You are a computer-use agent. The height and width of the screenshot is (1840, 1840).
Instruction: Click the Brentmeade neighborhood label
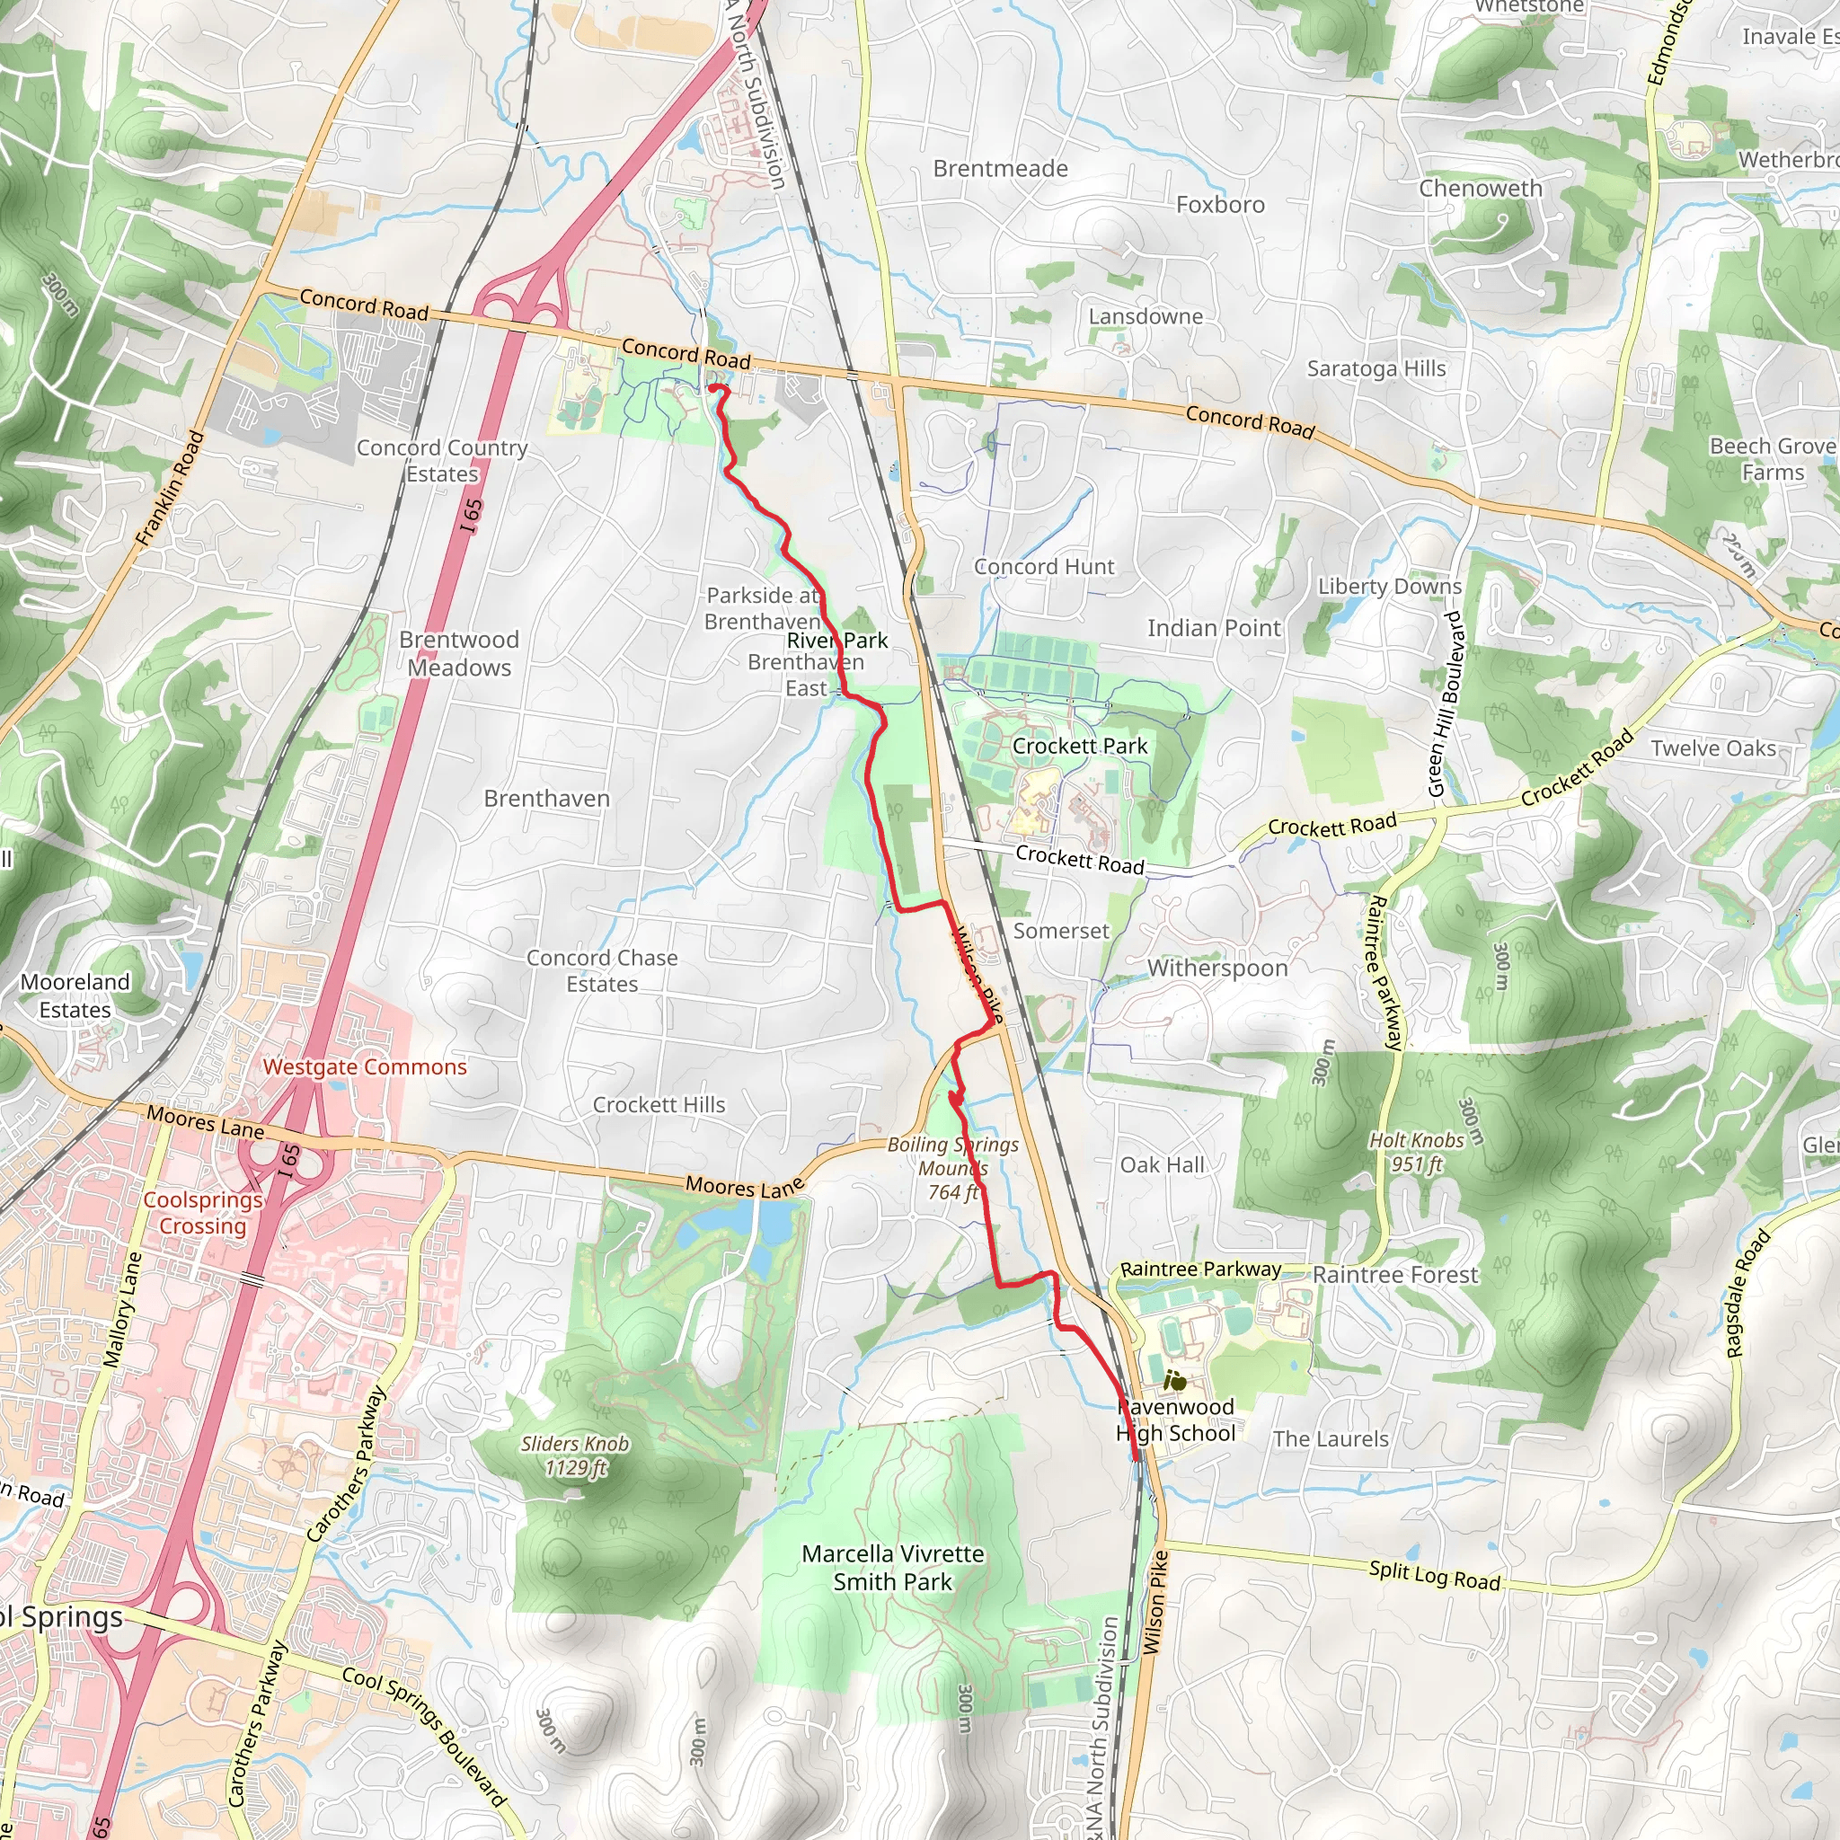(x=1000, y=169)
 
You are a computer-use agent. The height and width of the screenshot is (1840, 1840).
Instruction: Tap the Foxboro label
(x=1220, y=205)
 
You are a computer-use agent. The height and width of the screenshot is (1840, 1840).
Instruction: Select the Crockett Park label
(x=1079, y=746)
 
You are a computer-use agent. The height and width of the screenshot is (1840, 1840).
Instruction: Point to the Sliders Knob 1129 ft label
(x=574, y=1455)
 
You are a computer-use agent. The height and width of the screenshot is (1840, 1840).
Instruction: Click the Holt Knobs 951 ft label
(x=1416, y=1152)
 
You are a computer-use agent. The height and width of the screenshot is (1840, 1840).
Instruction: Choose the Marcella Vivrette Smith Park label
(x=892, y=1567)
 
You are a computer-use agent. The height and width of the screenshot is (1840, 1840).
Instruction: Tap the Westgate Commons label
(x=365, y=1066)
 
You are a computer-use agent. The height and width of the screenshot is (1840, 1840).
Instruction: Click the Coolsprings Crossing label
(x=202, y=1212)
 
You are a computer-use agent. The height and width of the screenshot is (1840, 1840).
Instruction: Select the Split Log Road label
(x=1434, y=1575)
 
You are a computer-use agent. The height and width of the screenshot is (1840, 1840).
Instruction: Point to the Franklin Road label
(x=171, y=489)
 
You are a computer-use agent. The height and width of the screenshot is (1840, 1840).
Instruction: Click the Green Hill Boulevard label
(x=1445, y=704)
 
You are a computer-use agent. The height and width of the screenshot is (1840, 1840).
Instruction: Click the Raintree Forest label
(x=1395, y=1275)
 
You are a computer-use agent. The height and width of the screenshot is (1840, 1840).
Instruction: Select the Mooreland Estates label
(x=75, y=995)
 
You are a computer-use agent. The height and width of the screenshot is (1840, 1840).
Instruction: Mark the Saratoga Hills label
(x=1376, y=368)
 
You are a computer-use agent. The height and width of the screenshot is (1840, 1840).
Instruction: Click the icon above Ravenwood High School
(x=1175, y=1379)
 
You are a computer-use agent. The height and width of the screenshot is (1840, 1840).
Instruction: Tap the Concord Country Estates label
(x=442, y=460)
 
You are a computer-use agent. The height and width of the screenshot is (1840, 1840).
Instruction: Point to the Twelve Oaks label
(x=1713, y=748)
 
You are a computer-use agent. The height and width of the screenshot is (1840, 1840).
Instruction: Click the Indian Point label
(x=1213, y=629)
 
